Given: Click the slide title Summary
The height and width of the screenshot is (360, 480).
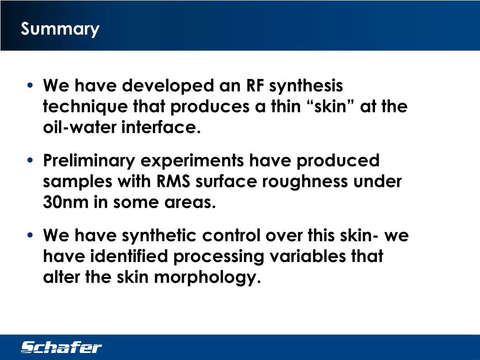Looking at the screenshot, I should click(60, 29).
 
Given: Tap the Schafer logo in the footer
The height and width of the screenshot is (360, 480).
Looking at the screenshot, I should click(61, 347).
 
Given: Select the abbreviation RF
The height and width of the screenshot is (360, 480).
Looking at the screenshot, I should click(257, 86).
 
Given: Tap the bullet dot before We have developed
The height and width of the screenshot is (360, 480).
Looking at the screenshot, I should click(30, 86).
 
